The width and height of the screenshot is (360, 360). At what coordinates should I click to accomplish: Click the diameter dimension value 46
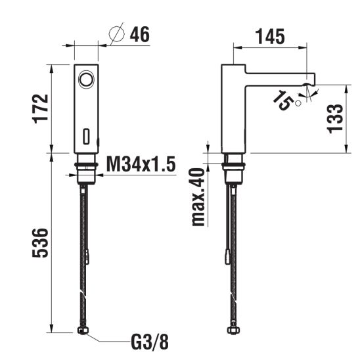140,34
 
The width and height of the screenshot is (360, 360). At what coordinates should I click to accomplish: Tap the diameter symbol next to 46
117,34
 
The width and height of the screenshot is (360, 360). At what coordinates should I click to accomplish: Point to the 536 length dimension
41,242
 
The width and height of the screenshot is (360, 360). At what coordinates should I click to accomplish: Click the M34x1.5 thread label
141,164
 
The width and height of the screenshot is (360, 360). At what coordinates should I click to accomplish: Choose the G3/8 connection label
150,342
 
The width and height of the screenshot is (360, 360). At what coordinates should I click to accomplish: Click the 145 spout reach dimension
270,37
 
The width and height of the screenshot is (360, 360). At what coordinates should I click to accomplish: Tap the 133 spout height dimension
335,119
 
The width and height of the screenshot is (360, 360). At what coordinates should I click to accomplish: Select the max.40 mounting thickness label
198,197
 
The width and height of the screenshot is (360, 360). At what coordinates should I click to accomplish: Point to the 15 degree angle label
283,100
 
